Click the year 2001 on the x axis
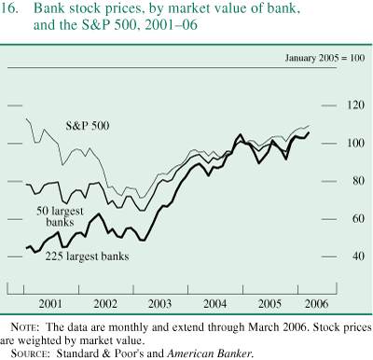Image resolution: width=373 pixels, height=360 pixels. tap(50, 304)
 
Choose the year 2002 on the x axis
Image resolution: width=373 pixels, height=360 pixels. tap(104, 304)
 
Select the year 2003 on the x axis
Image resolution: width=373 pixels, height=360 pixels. tap(159, 304)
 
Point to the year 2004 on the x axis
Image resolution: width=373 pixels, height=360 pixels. tap(214, 304)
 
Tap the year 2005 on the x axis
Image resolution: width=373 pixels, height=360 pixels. tap(269, 304)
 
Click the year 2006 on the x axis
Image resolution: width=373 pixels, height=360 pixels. tap(314, 304)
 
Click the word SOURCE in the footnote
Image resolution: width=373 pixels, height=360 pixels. tap(30, 353)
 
